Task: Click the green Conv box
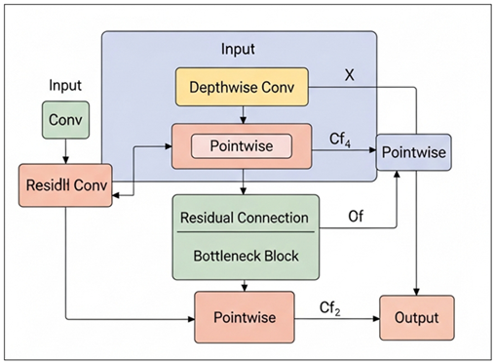pos(65,120)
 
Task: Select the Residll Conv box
pos(65,184)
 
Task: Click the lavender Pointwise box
pos(413,152)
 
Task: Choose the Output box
pos(416,318)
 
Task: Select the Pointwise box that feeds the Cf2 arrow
pos(243,318)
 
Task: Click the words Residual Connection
pos(245,218)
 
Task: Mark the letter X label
pos(351,74)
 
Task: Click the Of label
pos(356,217)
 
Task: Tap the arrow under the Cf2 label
pos(335,319)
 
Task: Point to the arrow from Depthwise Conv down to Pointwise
pos(242,114)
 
